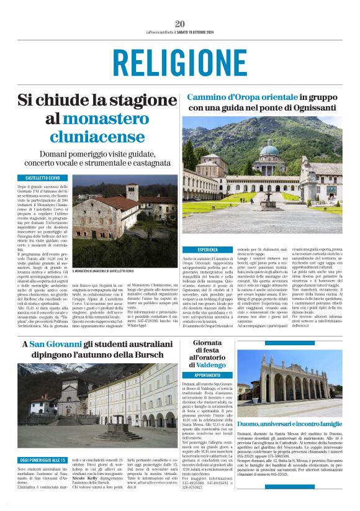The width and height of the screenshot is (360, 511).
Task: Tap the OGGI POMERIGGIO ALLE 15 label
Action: pyautogui.click(x=42, y=459)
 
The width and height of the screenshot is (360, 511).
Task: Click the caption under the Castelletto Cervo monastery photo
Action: pyautogui.click(x=102, y=271)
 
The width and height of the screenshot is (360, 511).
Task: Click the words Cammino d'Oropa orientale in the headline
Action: pyautogui.click(x=242, y=97)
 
